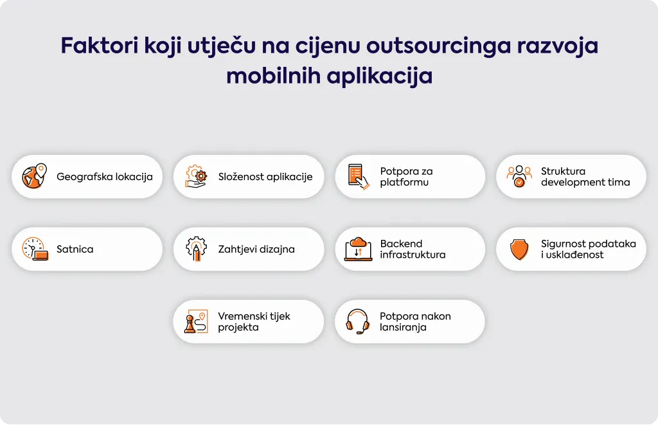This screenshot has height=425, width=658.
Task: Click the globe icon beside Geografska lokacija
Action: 35,176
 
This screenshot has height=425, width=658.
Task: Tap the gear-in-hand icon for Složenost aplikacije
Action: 196,176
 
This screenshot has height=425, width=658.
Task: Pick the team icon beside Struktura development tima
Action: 519,176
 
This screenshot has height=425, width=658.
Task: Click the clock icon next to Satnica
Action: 35,249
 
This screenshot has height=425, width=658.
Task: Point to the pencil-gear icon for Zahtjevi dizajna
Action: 197,249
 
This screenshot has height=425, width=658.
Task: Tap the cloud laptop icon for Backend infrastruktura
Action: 358,249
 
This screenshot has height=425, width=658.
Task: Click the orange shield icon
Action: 519,249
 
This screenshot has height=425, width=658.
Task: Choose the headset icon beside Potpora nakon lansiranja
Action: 357,321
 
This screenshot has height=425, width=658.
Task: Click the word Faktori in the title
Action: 100,46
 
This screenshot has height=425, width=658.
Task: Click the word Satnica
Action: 75,249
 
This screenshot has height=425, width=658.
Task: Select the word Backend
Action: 401,244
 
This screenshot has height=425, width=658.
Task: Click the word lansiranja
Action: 403,327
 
